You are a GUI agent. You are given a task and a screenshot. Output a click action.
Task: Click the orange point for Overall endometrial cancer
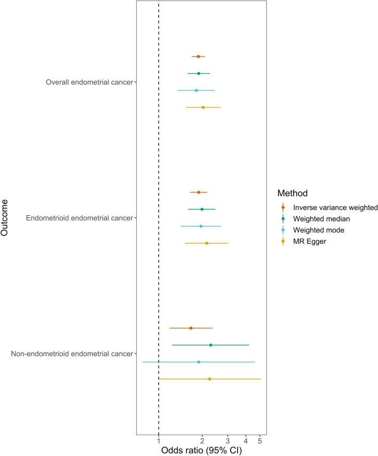(198, 57)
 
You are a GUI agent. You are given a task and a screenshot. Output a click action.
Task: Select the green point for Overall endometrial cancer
(199, 74)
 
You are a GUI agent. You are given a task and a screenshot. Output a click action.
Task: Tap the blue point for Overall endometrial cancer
(196, 91)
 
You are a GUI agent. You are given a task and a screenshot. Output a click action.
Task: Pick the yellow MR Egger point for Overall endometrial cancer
(203, 107)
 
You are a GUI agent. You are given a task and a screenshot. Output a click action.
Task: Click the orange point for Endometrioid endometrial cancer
(199, 192)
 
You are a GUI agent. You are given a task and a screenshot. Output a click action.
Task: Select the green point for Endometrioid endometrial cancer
(202, 209)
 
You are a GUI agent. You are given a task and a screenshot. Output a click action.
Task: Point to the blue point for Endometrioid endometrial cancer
(201, 226)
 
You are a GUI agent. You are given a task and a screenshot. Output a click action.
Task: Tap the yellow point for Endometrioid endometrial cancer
(207, 243)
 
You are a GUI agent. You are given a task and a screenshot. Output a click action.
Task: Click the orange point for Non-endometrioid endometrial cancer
(191, 328)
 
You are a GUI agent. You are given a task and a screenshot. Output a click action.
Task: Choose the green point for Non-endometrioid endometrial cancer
(211, 345)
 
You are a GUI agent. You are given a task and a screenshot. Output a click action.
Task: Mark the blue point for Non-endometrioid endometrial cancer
(199, 362)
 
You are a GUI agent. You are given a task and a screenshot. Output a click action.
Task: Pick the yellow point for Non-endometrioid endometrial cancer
(209, 379)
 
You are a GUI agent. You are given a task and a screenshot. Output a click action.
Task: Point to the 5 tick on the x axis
(260, 441)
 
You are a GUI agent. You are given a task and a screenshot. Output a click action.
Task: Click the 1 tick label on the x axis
(159, 441)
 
